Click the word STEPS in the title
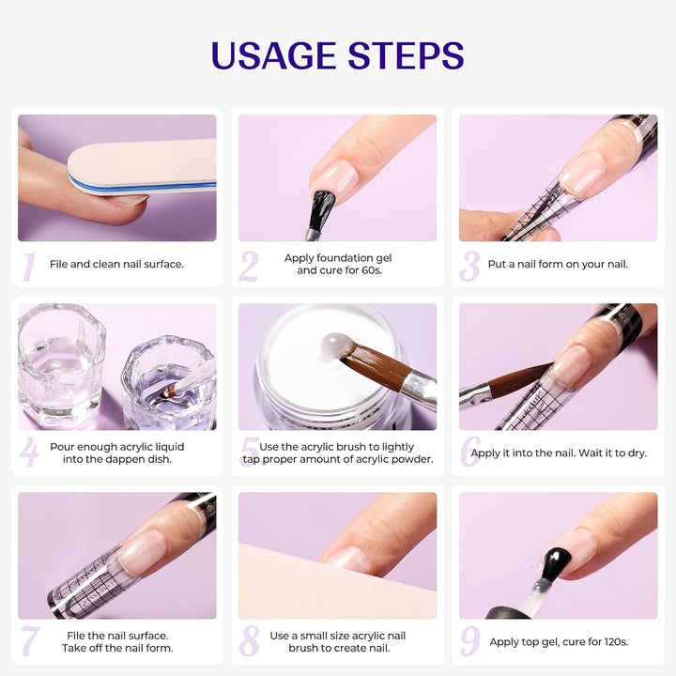tap(406, 55)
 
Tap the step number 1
tap(28, 266)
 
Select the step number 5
tap(250, 453)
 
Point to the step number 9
tap(469, 640)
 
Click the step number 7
tap(29, 641)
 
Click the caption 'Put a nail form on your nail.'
tap(558, 264)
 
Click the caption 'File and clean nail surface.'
tap(116, 264)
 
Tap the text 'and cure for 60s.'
tap(338, 270)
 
